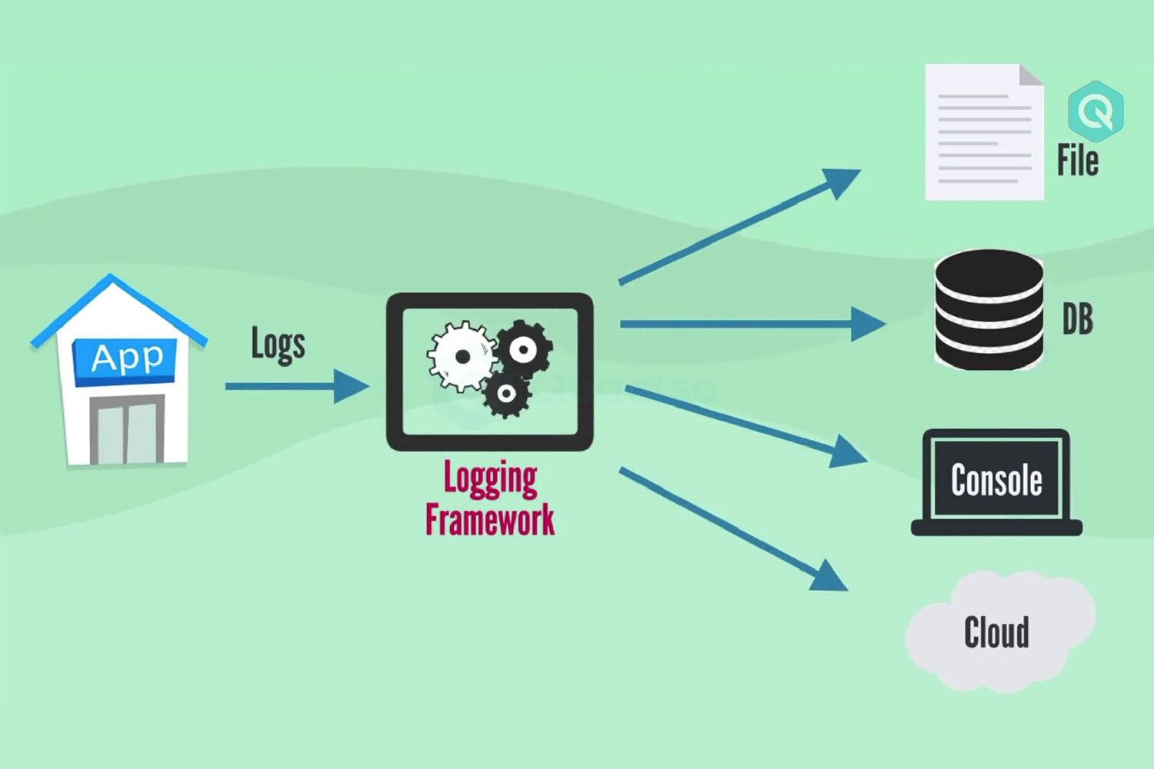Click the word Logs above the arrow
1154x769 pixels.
point(278,344)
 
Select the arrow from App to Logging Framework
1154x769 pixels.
point(296,386)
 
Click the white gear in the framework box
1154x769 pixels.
point(461,356)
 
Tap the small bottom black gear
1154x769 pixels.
point(505,394)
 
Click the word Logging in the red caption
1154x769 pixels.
point(490,478)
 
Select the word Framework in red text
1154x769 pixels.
point(490,519)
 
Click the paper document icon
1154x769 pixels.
point(983,133)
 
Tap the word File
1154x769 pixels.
point(1077,161)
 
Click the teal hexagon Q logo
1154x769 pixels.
point(1096,112)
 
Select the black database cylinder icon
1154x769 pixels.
point(989,309)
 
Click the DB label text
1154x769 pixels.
point(1077,319)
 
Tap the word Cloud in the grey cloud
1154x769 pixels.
point(996,633)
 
